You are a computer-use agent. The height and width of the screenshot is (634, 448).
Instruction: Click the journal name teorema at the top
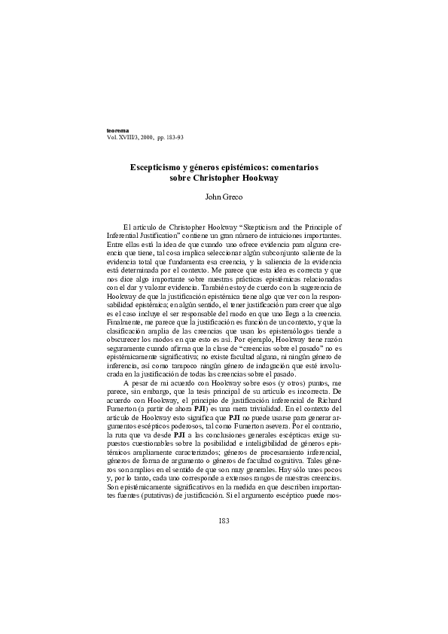(120, 131)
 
